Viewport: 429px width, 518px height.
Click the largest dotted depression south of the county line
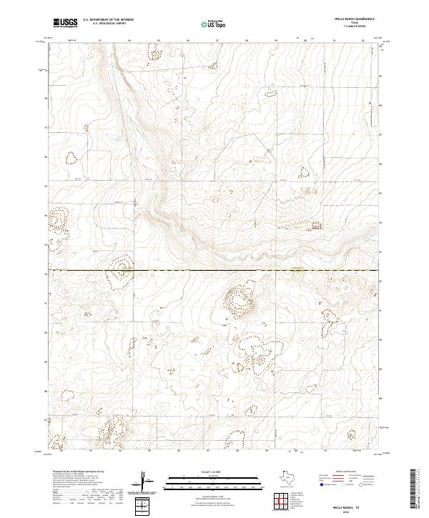[239, 299]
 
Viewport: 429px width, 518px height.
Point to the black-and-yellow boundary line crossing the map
[214, 271]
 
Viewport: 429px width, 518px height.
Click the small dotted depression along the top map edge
[154, 51]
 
